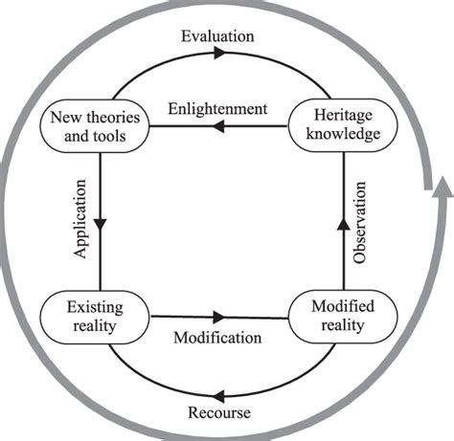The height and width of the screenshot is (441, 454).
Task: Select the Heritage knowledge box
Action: coord(340,125)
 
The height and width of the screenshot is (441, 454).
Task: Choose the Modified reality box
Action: coord(342,316)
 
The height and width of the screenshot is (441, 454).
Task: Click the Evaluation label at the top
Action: coord(217,36)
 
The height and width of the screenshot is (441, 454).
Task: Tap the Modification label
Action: coord(216,338)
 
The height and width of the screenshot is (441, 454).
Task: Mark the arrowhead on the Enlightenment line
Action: coord(218,126)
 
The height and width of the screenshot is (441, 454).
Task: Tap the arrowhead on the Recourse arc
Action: coord(219,391)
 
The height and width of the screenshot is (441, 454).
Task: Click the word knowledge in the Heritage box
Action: coord(340,135)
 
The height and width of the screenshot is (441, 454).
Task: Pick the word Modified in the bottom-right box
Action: coord(342,306)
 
